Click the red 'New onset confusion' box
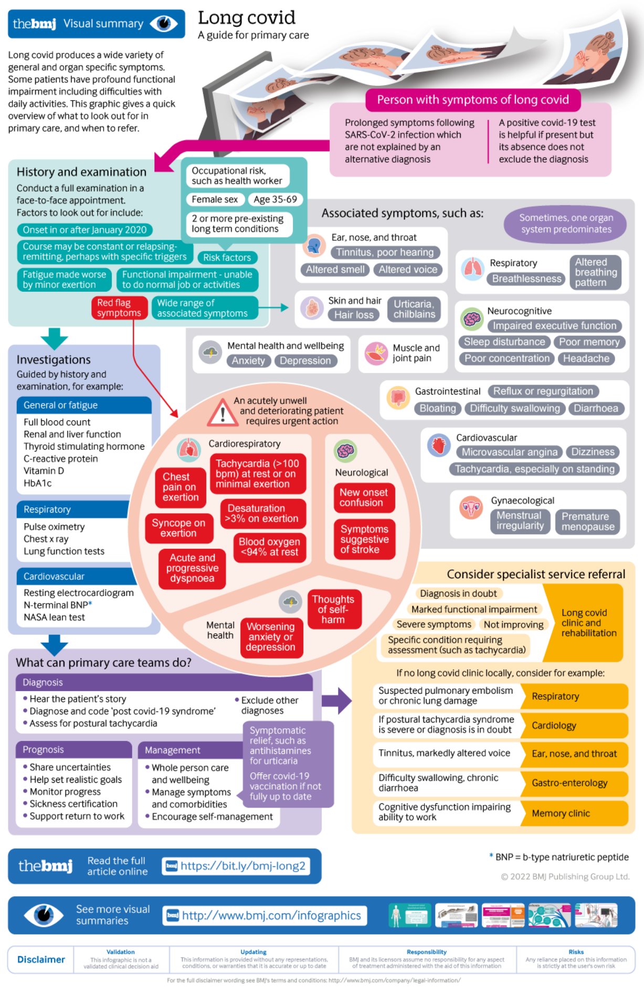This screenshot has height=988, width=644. point(363,497)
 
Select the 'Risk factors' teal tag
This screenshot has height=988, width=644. point(227,258)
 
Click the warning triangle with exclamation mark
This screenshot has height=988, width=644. point(223,413)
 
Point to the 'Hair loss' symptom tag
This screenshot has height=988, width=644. point(354,315)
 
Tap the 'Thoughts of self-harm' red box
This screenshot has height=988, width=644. point(333,610)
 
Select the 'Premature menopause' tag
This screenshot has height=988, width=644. point(587,522)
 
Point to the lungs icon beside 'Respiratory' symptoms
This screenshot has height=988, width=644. point(472,269)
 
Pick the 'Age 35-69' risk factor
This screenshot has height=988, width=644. point(275,199)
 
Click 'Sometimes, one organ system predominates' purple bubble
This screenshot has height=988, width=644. point(566,224)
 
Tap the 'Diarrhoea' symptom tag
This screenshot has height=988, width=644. point(596,408)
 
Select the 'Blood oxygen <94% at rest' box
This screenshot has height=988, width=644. point(269,547)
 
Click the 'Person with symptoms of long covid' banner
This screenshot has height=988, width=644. point(472,100)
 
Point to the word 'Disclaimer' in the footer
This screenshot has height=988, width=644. point(41,959)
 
